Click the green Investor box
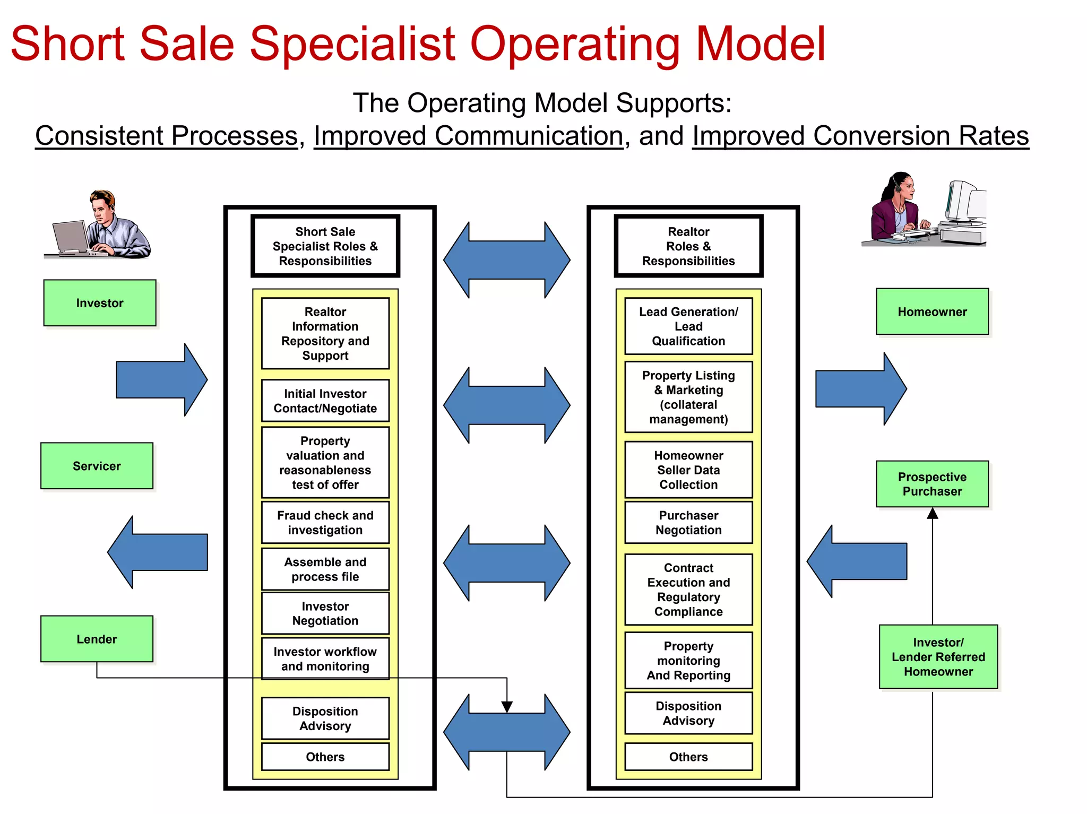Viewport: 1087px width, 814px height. click(100, 303)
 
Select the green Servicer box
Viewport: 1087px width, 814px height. click(97, 466)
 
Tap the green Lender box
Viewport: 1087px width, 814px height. click(97, 639)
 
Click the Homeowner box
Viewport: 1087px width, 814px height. click(932, 311)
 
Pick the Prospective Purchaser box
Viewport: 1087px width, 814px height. click(932, 484)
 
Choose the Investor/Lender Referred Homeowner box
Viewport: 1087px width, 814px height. click(938, 657)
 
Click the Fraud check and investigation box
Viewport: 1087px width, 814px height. click(325, 523)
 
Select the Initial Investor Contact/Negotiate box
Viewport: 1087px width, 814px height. click(325, 401)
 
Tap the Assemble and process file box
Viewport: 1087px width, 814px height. click(325, 569)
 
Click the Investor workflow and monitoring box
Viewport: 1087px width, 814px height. click(325, 659)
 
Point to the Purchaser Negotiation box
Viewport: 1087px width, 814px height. click(688, 523)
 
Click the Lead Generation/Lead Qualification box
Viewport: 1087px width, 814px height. click(688, 326)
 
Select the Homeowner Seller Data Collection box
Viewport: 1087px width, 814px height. click(688, 470)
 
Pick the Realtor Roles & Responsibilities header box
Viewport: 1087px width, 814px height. click(688, 246)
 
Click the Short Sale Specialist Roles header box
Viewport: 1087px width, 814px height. click(325, 246)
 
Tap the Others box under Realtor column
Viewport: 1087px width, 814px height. click(688, 757)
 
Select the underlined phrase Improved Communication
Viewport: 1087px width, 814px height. click(468, 136)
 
